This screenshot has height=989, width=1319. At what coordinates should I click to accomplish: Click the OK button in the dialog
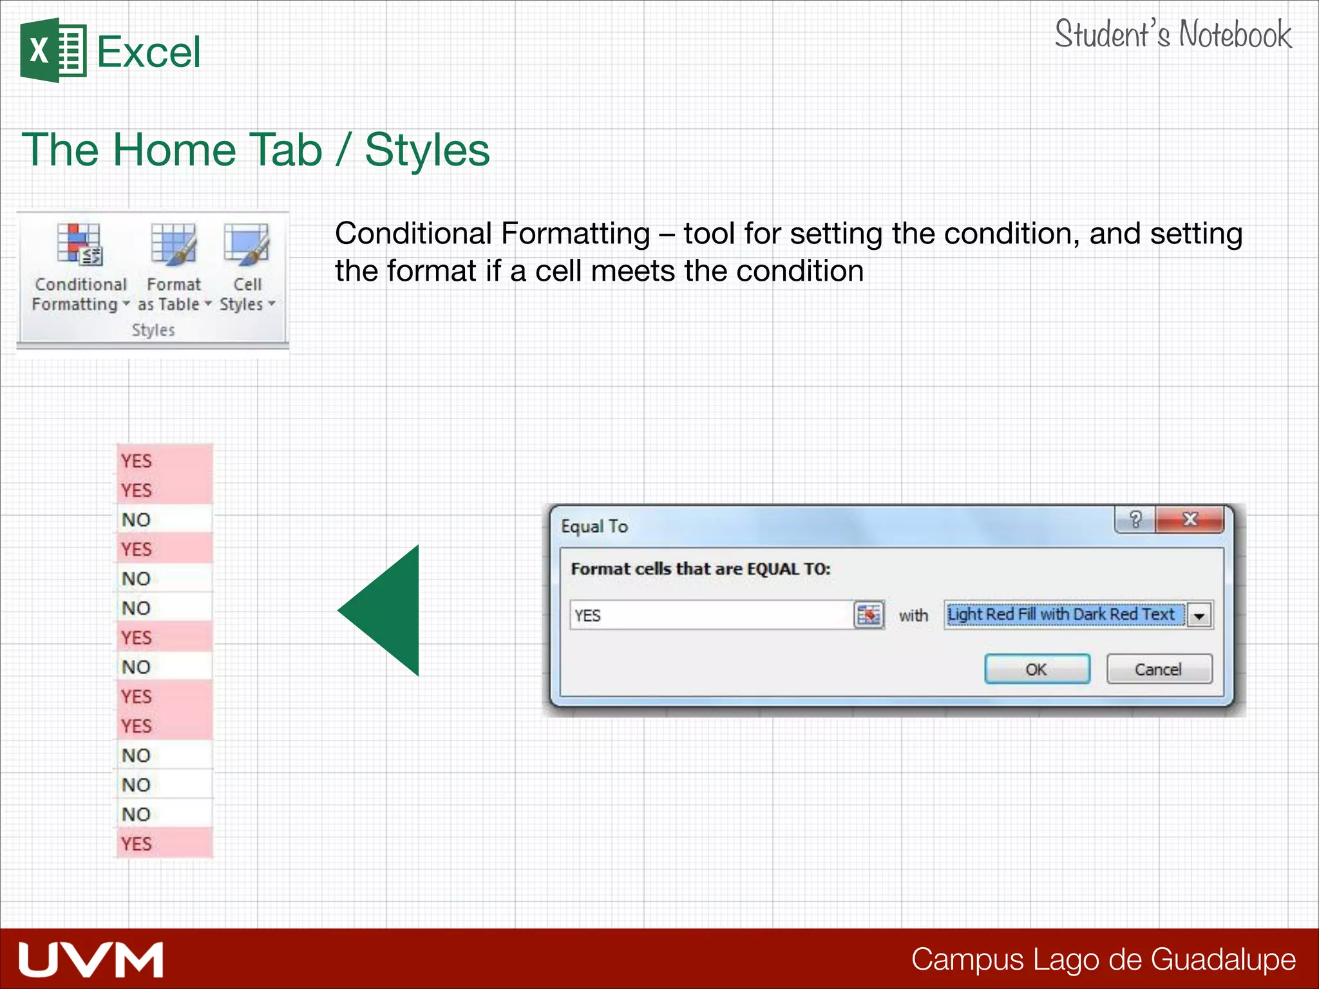1036,669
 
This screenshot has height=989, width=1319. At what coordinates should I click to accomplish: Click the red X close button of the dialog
1190,520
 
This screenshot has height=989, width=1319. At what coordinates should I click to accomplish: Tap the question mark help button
1135,520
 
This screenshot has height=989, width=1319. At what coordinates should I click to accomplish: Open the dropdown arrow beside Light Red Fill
1199,616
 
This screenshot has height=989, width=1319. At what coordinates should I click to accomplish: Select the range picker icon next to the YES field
869,616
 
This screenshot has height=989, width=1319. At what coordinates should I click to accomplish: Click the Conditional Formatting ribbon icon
79,245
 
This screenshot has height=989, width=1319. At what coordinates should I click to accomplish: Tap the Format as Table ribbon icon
173,245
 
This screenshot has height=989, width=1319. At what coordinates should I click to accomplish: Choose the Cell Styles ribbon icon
247,245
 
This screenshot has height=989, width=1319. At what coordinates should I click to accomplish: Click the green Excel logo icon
53,50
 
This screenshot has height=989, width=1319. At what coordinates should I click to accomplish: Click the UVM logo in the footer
91,959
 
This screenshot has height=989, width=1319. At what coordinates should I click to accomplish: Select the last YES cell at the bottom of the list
164,843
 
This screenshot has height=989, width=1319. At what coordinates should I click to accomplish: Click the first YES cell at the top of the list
164,461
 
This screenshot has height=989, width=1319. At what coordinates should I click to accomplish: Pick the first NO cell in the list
164,520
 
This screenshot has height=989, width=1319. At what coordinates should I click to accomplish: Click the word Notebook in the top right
1235,35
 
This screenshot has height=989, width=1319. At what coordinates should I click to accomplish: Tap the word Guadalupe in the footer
1223,959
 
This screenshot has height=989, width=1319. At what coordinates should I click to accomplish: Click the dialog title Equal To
594,527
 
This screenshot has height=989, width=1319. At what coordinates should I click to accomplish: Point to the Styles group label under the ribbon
153,330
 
